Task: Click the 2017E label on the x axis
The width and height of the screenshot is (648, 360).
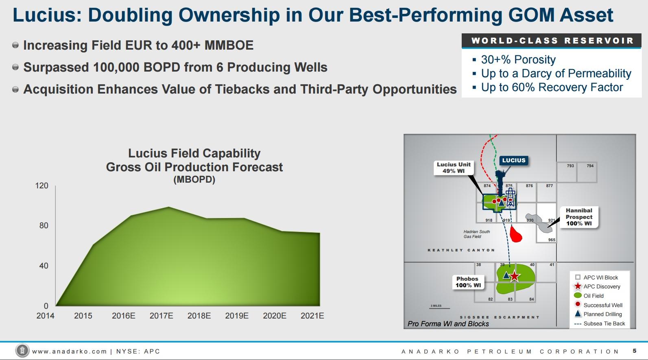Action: [x=161, y=316]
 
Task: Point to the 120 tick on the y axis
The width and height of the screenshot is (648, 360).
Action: [x=41, y=185]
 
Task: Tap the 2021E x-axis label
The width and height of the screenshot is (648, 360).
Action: [x=312, y=316]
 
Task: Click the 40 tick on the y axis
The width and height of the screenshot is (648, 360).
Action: [x=44, y=266]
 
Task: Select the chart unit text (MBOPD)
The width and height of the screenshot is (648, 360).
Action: [x=194, y=179]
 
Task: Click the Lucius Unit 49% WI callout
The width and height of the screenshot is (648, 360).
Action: [x=453, y=168]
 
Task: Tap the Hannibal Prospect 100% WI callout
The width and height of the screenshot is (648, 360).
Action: [x=578, y=217]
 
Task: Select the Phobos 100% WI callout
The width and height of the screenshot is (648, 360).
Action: [x=468, y=282]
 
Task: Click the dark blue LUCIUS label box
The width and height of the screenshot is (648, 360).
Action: [x=513, y=160]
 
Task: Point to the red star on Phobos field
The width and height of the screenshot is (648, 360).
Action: [x=515, y=276]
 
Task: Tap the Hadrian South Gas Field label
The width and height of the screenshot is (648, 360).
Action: [x=476, y=234]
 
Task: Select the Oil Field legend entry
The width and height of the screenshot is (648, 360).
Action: [x=593, y=296]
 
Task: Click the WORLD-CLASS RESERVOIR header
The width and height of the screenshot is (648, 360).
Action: [x=552, y=41]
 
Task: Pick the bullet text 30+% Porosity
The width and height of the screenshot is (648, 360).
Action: [x=518, y=60]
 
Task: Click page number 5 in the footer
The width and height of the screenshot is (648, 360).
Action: [x=635, y=351]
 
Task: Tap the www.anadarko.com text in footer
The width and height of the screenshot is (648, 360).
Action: [x=69, y=351]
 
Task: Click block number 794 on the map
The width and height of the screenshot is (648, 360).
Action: [x=590, y=166]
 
